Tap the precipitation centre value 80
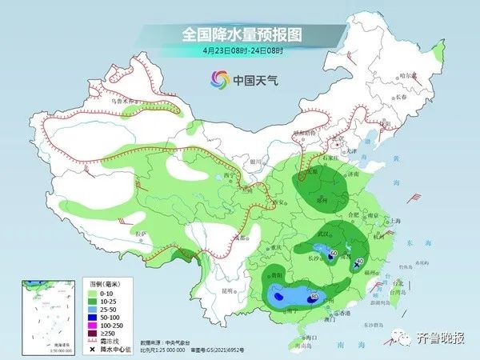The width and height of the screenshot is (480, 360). tap(314, 297)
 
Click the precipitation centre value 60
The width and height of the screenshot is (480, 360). tap(334, 254)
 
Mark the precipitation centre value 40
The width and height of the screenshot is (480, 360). tap(360, 261)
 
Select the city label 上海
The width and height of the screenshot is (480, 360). tap(390, 221)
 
